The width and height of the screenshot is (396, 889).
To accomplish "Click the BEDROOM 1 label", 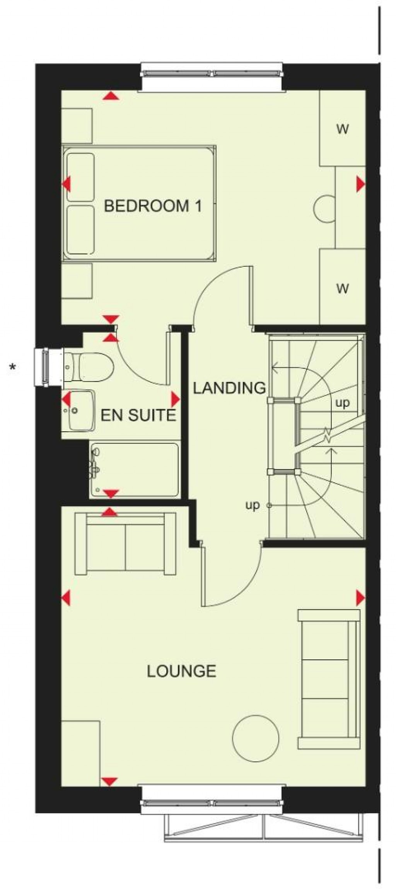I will [x=153, y=206].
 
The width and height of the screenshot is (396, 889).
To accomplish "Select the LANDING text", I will [x=229, y=388].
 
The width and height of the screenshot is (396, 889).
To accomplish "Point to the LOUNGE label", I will [x=181, y=671].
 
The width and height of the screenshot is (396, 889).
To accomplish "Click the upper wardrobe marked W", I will [x=342, y=129].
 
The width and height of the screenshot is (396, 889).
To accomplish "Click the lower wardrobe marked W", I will [x=342, y=288].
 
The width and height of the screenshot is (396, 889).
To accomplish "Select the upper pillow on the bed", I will [x=80, y=177].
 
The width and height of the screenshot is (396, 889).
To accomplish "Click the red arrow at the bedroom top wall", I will [x=111, y=96].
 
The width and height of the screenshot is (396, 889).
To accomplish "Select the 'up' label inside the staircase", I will [x=342, y=403].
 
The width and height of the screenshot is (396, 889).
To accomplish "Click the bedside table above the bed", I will [x=77, y=126].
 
